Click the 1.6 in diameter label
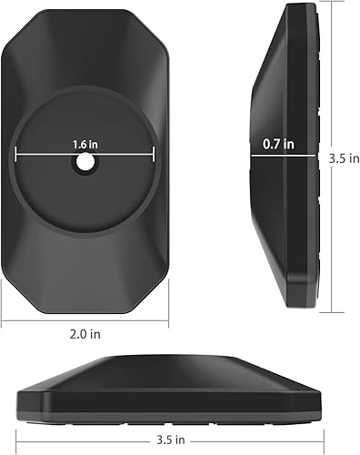coord(86,145)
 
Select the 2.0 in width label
coord(85,334)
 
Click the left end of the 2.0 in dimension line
coord(3,320)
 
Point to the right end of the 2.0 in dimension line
coord(170,320)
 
